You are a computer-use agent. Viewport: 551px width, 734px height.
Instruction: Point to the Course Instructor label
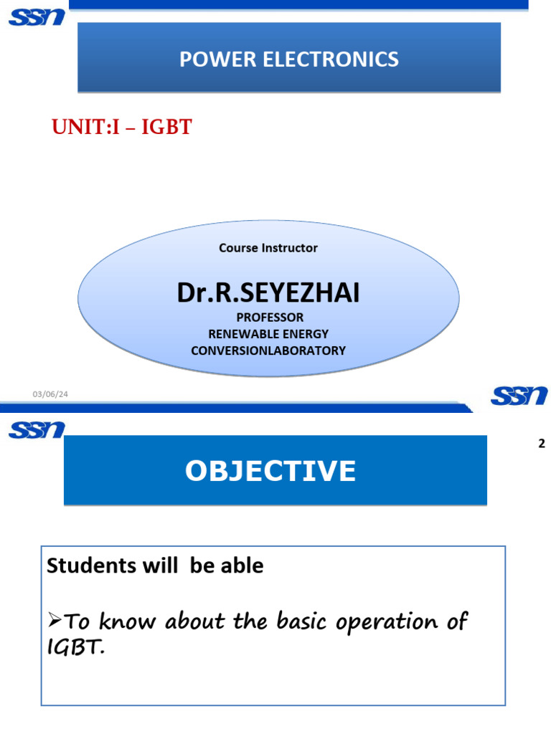(268, 248)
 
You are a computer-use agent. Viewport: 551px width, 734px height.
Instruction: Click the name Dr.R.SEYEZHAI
(268, 292)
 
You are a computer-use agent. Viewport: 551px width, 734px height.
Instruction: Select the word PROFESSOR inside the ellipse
(268, 317)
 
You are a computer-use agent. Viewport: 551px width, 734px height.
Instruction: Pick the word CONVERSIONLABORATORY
(268, 351)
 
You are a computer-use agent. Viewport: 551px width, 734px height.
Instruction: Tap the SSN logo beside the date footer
(519, 395)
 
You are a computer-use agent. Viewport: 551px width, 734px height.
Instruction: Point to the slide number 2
(542, 444)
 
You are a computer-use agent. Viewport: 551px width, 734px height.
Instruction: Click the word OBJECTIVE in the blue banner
(270, 471)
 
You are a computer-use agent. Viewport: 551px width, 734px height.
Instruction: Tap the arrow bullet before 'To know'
(55, 621)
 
